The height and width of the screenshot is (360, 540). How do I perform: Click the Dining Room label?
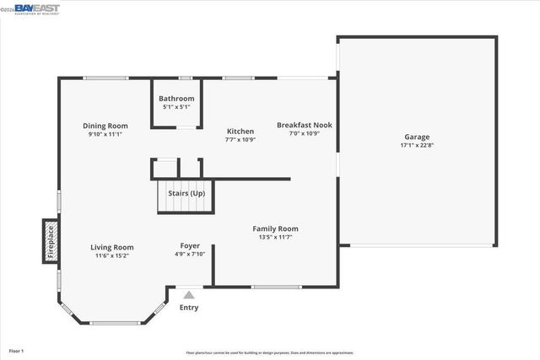(105, 126)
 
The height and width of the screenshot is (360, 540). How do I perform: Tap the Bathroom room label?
(176, 99)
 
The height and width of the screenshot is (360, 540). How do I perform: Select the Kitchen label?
(240, 132)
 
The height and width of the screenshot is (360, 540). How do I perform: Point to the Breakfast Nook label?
(305, 126)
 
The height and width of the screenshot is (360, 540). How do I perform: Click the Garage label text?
(417, 137)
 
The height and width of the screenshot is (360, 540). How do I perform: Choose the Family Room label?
(276, 228)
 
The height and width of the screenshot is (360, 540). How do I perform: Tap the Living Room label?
(112, 247)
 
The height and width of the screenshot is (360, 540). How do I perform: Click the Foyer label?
(190, 245)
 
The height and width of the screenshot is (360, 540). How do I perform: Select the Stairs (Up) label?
(186, 194)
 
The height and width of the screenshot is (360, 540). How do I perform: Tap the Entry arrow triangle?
(189, 295)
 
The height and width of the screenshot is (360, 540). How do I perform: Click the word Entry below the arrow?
(189, 307)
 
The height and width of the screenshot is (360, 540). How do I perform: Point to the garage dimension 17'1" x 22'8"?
(417, 145)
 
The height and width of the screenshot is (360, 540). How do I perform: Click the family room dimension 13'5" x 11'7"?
(276, 237)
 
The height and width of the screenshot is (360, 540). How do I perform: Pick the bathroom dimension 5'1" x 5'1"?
(176, 107)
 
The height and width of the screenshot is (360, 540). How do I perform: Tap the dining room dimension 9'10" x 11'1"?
(105, 134)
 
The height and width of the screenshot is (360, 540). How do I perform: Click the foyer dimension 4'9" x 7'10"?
(190, 254)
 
